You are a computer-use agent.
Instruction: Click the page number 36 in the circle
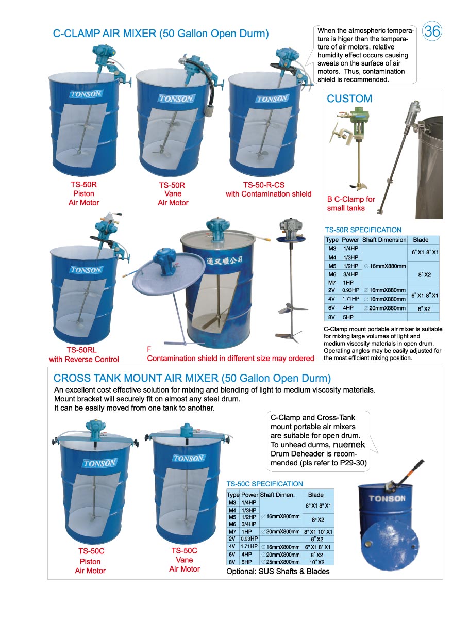click(x=432, y=32)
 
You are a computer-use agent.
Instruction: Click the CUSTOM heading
click(x=349, y=99)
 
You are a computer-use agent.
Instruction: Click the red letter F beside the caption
click(x=149, y=349)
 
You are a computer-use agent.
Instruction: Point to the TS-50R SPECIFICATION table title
click(x=363, y=230)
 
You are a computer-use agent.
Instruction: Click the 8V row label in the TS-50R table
click(x=332, y=317)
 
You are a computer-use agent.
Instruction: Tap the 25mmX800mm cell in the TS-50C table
click(x=280, y=562)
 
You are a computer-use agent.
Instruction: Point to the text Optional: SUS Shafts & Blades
click(x=278, y=571)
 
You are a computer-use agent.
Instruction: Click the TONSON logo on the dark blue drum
click(x=387, y=498)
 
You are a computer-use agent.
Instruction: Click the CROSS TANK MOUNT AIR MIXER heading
click(x=192, y=379)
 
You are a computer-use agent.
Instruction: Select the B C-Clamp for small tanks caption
click(x=350, y=203)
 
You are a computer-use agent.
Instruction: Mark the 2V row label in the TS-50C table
click(x=232, y=539)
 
